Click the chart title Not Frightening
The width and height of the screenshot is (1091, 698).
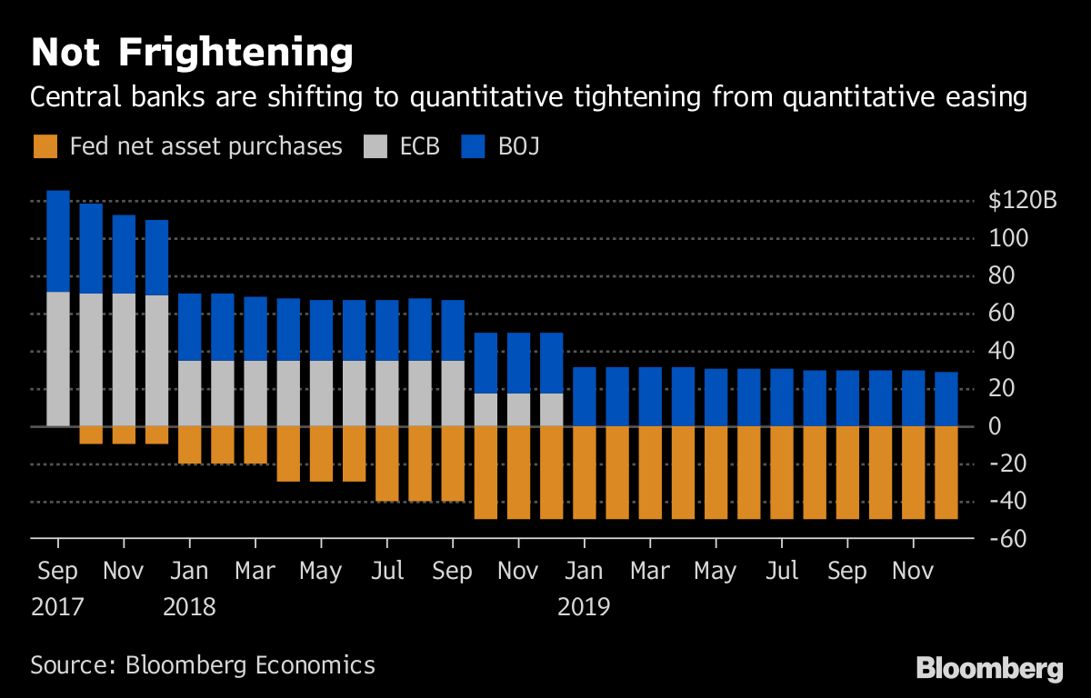pos(191,54)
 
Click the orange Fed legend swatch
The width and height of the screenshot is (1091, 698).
pos(45,145)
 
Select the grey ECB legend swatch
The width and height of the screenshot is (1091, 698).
pos(375,145)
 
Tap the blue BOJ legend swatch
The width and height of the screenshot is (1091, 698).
pos(474,145)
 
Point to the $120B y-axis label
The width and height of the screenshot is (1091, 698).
pos(1023,201)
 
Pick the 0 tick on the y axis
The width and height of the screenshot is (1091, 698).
pos(996,426)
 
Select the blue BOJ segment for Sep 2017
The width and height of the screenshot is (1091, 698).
pos(58,241)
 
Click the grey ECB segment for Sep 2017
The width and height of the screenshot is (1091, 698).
pos(58,359)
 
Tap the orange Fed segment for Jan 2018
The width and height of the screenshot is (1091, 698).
pos(189,444)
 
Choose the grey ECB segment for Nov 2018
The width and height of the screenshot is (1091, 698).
pos(518,410)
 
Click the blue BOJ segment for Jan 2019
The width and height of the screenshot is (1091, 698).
pos(584,396)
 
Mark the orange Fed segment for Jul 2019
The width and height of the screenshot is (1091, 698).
pos(781,472)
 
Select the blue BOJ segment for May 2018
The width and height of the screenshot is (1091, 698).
pos(321,330)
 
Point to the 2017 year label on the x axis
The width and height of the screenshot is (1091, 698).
pos(57,606)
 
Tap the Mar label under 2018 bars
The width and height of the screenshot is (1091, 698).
pos(255,572)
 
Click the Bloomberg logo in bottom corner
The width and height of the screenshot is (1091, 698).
pos(989,670)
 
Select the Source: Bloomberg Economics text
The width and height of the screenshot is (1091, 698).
pos(203,664)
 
